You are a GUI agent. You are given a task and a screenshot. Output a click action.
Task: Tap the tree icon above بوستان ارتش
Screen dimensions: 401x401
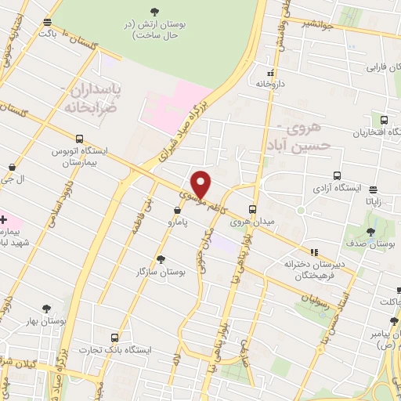pos(152,12)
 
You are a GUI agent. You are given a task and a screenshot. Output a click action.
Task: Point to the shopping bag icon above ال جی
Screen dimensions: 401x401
pos(13,167)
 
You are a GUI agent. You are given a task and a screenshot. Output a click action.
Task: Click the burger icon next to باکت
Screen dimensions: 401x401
pos(49,22)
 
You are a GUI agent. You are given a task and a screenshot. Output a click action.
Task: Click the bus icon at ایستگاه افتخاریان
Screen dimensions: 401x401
pos(383,121)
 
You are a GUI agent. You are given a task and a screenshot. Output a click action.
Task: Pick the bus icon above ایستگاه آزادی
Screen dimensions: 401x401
pos(337,176)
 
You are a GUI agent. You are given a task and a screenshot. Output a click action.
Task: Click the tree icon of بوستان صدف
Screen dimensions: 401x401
pos(370,232)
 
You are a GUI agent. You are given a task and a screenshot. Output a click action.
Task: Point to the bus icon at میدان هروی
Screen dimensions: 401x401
pos(252,210)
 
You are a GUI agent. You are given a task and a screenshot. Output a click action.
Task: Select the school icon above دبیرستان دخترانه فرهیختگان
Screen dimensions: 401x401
pos(315,252)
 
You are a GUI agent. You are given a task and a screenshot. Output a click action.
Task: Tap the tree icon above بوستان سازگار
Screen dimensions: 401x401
pos(161,259)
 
